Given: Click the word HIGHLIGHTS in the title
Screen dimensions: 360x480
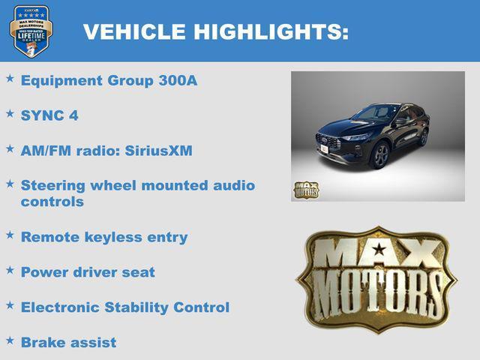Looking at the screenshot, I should (x=271, y=31).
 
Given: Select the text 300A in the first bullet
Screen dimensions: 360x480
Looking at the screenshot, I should (x=178, y=80).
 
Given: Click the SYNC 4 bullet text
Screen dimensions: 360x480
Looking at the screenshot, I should (x=49, y=115).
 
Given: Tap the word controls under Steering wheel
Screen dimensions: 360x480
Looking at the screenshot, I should (x=52, y=202).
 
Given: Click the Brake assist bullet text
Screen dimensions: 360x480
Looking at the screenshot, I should (x=68, y=343).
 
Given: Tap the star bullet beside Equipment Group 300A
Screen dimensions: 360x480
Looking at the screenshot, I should (x=10, y=78).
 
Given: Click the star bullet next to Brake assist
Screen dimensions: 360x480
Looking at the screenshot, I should (x=10, y=340).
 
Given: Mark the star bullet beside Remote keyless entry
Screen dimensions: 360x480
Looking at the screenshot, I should (x=10, y=235).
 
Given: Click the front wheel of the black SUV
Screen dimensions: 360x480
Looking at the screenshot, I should (x=380, y=155).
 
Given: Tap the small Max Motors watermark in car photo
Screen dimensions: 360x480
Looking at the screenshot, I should (x=305, y=189).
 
